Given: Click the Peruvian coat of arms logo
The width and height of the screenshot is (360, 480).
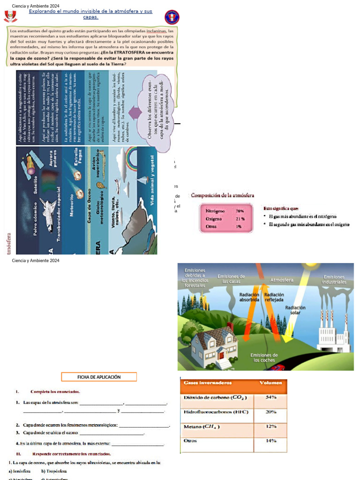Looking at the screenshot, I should (10, 16).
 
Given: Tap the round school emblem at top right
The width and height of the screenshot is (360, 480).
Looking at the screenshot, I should (172, 17).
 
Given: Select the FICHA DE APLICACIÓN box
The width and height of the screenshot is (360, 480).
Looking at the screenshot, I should (99, 377).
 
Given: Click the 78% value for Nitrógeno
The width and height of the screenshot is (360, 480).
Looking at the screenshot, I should (240, 211).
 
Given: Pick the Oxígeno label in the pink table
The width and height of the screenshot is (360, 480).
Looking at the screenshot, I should (214, 219).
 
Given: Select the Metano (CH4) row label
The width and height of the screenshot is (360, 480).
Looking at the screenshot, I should (202, 427).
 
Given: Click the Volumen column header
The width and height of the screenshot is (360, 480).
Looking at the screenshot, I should (271, 383).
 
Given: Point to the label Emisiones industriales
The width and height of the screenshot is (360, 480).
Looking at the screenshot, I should (334, 280).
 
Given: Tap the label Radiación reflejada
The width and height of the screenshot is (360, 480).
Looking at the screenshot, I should (274, 297).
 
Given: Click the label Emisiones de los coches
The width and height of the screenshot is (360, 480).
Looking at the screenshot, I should (264, 358).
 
